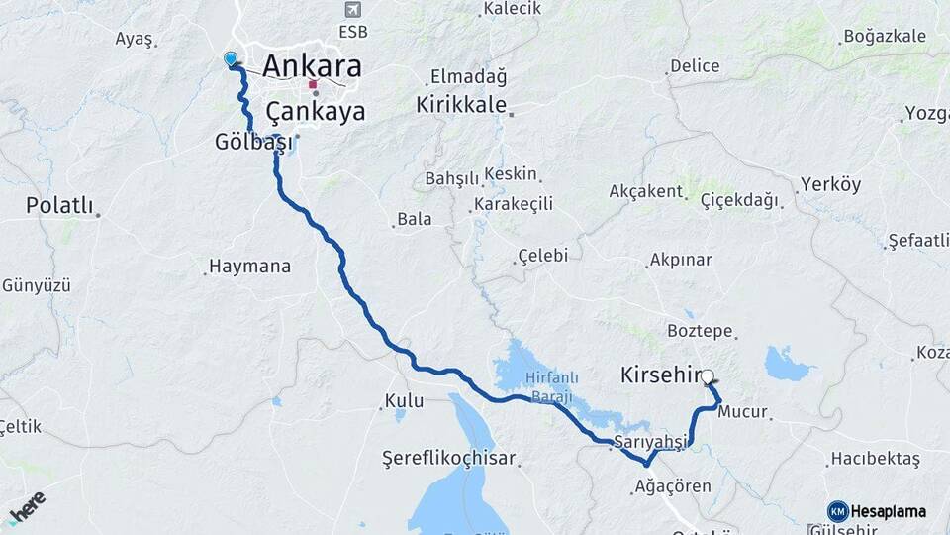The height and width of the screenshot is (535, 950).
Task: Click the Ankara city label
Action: point(311,66)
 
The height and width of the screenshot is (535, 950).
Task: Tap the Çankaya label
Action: point(315,109)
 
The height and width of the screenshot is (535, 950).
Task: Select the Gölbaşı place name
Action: point(253,142)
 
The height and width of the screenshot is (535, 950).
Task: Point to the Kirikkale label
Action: point(461,104)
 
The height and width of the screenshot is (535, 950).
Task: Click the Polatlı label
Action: point(58,206)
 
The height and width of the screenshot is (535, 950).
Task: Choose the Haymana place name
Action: point(249,267)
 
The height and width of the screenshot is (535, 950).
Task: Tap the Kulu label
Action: point(403,401)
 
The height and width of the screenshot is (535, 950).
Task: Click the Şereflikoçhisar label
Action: point(450,460)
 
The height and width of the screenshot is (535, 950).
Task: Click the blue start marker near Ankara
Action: point(232,59)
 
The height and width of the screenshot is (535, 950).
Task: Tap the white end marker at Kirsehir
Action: point(708,376)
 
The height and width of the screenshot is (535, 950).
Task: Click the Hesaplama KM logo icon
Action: point(837,511)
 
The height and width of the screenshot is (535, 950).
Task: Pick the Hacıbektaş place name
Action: point(875,458)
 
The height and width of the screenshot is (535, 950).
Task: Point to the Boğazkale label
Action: point(885,37)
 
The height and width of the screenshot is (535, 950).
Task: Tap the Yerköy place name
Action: point(831,184)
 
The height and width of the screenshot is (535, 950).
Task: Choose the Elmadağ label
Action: point(468,76)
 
